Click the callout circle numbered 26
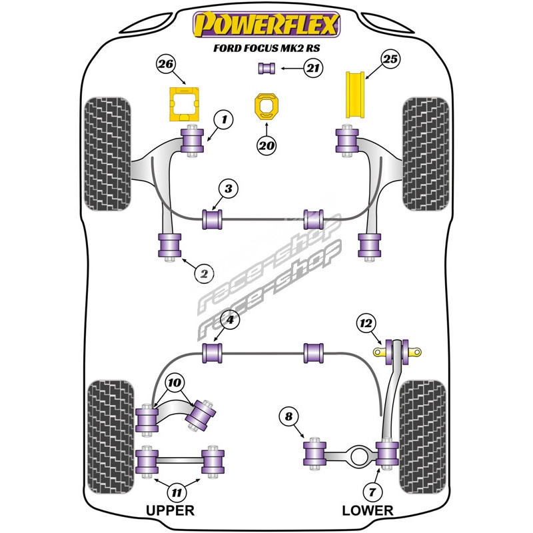pyautogui.click(x=166, y=65)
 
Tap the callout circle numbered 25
pyautogui.click(x=390, y=60)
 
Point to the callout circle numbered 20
pyautogui.click(x=267, y=145)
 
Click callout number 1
pyautogui.click(x=225, y=120)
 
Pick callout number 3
pyautogui.click(x=228, y=189)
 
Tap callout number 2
pyautogui.click(x=204, y=272)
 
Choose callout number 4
pyautogui.click(x=230, y=321)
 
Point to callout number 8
pyautogui.click(x=288, y=417)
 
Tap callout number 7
pyautogui.click(x=373, y=492)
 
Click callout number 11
pyautogui.click(x=176, y=493)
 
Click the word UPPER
pyautogui.click(x=170, y=511)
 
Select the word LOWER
pyautogui.click(x=367, y=511)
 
